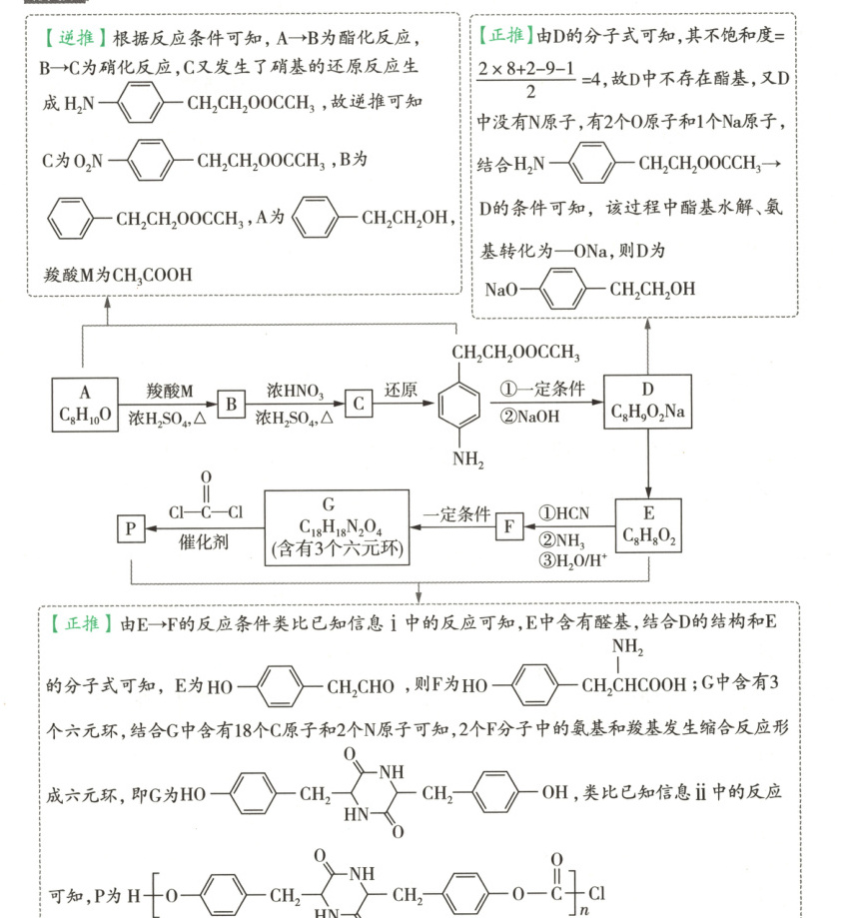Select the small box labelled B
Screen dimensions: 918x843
point(231,404)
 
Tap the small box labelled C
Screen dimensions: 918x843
point(359,404)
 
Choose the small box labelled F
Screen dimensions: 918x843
point(509,525)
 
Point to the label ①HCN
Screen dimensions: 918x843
point(565,512)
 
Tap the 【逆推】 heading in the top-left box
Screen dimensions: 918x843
point(73,39)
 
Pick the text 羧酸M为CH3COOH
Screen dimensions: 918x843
point(119,275)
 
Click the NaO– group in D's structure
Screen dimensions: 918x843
point(501,291)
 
